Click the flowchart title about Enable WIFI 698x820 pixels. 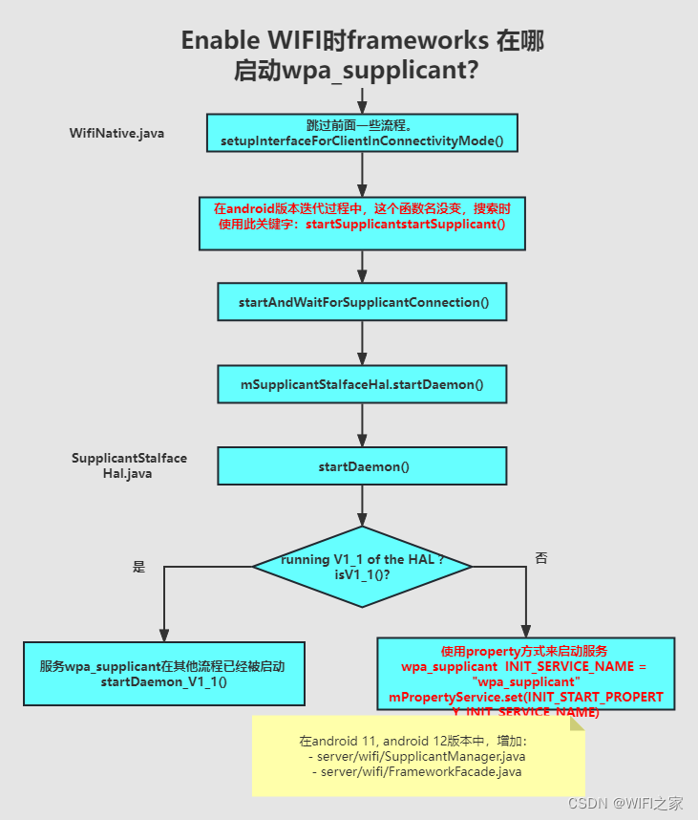point(362,54)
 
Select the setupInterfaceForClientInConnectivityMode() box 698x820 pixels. point(362,134)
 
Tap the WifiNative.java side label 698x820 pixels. point(116,133)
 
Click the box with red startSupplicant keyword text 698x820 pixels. point(362,224)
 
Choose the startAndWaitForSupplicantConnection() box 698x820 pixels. point(362,302)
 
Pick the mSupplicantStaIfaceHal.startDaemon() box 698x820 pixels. point(362,384)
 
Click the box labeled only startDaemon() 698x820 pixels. point(362,466)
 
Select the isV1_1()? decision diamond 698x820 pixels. point(362,567)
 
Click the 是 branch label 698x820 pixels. point(138,567)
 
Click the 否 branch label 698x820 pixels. point(541,558)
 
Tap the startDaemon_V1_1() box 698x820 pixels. point(163,674)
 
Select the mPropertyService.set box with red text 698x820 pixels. point(525,674)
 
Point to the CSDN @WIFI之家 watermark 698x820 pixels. point(625,803)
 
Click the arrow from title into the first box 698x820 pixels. point(362,100)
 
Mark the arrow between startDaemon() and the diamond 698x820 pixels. point(362,505)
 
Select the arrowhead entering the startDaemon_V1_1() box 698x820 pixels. point(163,635)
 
